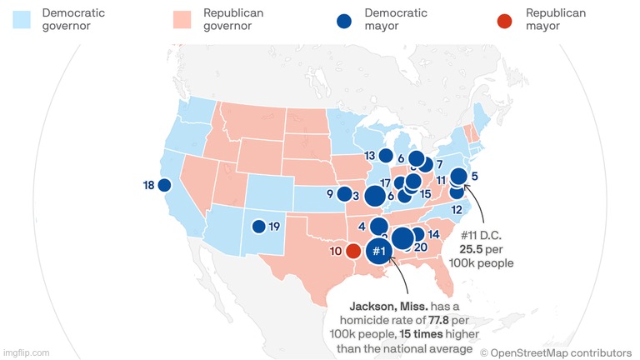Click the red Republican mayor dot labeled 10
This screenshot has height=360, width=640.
point(353,250)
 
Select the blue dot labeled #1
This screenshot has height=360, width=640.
point(378,250)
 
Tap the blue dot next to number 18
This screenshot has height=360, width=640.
point(165,185)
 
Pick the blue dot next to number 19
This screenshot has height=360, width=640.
point(259,226)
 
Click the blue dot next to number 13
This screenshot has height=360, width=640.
point(386,155)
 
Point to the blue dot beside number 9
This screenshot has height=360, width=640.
point(343,194)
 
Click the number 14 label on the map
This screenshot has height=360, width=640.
point(433,234)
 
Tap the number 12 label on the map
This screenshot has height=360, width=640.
point(456,210)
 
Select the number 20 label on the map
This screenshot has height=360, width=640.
point(420,247)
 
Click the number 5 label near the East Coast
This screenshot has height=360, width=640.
point(473,176)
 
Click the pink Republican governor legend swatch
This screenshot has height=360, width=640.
point(181,19)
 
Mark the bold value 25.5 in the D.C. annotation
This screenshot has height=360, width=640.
point(473,248)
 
